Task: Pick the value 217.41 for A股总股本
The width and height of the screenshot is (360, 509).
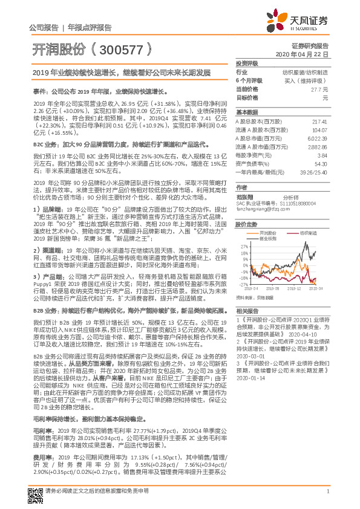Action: (x=320, y=122)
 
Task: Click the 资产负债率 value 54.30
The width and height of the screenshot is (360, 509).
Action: (x=321, y=163)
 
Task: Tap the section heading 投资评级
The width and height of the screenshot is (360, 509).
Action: (x=246, y=63)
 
